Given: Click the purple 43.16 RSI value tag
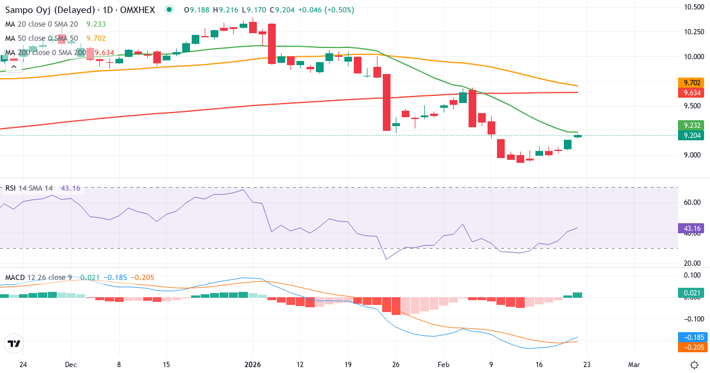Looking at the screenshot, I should point(689,228).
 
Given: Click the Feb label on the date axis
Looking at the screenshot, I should point(443,364).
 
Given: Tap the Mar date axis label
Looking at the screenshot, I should point(634,364).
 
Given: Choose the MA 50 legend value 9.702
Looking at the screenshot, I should point(96,38).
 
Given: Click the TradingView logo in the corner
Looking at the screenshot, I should point(14,343).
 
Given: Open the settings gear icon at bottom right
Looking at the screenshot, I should point(695,364).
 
